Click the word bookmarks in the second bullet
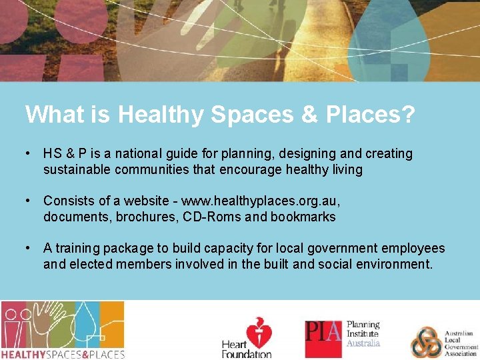tap(303, 217)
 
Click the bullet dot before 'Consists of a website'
tap(27, 201)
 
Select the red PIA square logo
tap(323, 339)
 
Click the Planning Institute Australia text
tap(363, 334)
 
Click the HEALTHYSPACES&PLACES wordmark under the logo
tap(63, 354)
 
